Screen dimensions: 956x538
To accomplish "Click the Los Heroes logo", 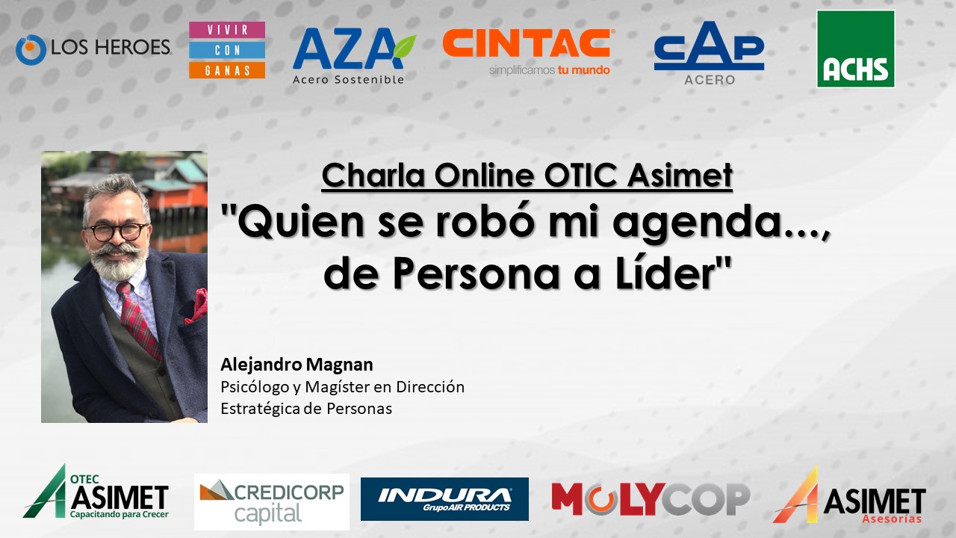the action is pos(93,49).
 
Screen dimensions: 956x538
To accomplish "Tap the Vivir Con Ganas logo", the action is pos(227,50).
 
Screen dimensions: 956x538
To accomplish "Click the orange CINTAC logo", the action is pos(527,52).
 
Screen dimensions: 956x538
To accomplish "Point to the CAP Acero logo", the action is pos(709,53).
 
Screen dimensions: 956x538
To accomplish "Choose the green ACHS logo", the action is pos(856,49).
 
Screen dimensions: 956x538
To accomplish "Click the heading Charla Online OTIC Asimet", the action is pos(527,176).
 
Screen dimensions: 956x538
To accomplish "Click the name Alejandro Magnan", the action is pos(297,365).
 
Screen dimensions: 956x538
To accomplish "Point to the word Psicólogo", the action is pos(255,387).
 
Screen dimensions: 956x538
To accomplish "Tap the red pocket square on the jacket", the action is pos(197,306).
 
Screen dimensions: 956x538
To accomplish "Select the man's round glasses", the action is pos(117,232).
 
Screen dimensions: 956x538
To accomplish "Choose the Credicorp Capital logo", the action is pos(272,501).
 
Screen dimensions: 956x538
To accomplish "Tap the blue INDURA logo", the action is pos(444,499).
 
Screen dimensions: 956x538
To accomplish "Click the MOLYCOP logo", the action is pos(651,498).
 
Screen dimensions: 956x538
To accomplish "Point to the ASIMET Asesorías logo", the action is pos(849,496).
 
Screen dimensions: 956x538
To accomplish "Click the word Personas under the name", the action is pos(359,409).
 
